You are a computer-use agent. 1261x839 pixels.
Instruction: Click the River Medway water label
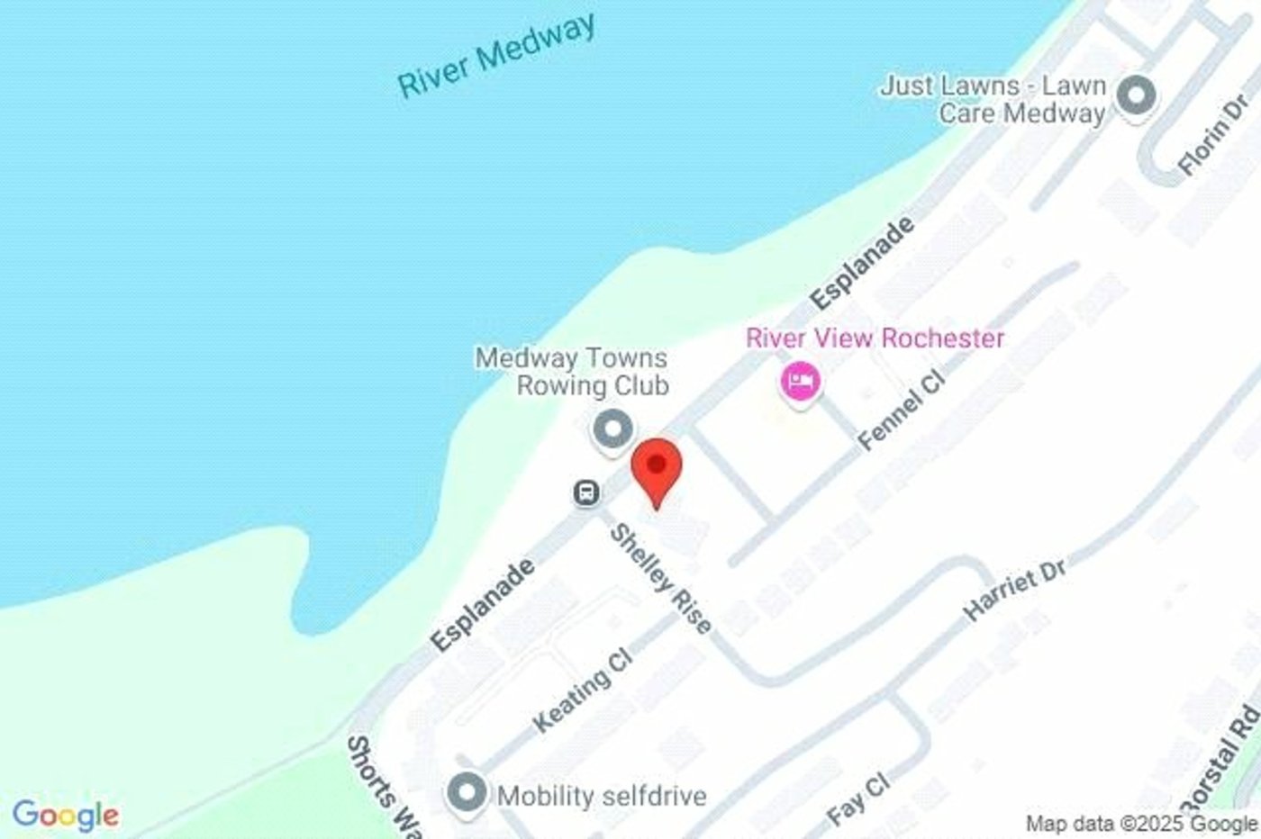click(496, 55)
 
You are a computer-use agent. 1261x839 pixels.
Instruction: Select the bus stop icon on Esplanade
click(586, 492)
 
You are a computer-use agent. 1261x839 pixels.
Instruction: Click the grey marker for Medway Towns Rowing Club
click(612, 428)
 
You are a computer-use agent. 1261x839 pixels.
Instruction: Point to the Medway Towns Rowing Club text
click(572, 371)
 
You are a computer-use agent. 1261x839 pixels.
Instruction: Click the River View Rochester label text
click(875, 338)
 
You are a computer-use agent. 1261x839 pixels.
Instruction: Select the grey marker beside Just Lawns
click(1136, 95)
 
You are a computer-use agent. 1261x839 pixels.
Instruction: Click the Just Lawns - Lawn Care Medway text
click(993, 99)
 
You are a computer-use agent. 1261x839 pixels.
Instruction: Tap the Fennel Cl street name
click(902, 409)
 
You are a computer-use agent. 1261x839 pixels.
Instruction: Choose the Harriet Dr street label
click(1015, 589)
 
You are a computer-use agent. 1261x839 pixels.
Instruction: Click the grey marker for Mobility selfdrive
click(467, 794)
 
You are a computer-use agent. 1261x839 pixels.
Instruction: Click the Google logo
click(65, 816)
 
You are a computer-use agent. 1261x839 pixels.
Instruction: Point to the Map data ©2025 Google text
click(1140, 823)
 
